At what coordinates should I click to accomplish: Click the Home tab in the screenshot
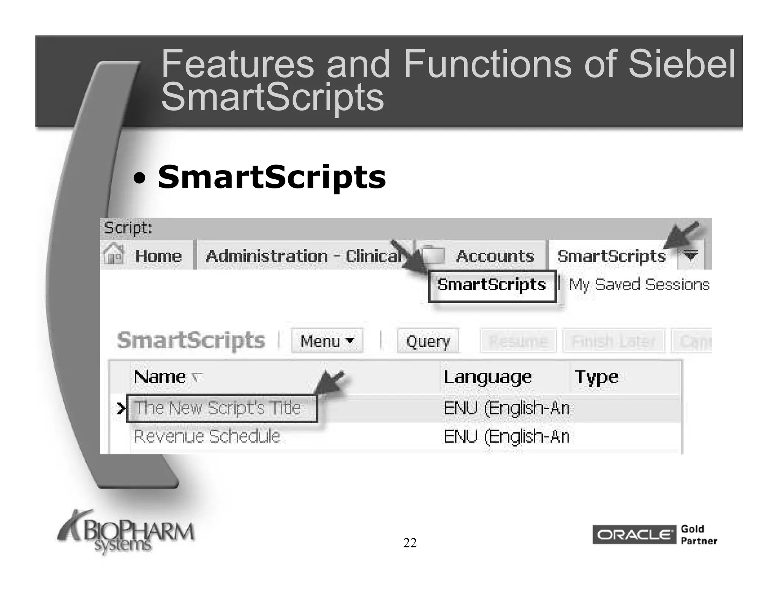[158, 256]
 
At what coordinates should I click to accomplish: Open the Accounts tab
[495, 256]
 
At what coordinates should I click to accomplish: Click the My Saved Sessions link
[639, 285]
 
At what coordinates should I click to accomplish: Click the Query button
[428, 341]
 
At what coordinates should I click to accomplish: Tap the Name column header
[160, 377]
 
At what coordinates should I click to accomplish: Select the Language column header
[487, 377]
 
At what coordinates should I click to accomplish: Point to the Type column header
[596, 377]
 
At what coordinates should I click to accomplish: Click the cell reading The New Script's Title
[218, 408]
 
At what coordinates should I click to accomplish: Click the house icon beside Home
[114, 254]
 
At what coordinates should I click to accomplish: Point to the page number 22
[410, 543]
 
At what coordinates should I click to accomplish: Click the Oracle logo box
[634, 535]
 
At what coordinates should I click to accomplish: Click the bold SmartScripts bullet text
[272, 177]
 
